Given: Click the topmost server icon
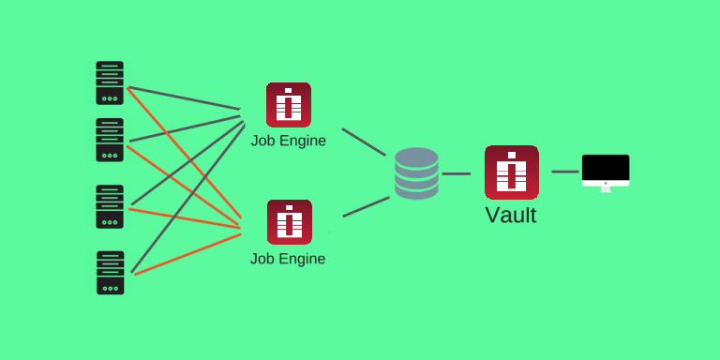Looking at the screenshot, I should click(110, 82).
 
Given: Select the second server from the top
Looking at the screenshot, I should click(110, 140).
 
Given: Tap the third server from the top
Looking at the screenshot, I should click(110, 206).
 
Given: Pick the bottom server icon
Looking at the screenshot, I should click(110, 273).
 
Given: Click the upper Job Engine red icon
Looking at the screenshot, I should click(289, 105).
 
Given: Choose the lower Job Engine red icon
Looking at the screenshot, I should click(289, 222).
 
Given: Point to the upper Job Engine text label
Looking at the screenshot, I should click(289, 141).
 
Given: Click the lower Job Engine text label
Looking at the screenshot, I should click(288, 259).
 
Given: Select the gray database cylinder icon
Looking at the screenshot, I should click(416, 173).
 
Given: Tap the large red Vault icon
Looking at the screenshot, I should click(512, 172).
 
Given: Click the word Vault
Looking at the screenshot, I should click(511, 215).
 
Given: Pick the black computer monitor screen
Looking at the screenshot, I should click(606, 168).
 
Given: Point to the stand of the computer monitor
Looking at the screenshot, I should click(606, 187).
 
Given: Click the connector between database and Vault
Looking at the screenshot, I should click(457, 173).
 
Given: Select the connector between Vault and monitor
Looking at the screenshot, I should click(565, 172).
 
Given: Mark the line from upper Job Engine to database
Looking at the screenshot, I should click(364, 142).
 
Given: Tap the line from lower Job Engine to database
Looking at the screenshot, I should click(366, 207).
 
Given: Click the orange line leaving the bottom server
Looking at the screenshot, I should click(187, 253).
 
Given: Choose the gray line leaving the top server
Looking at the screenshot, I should click(183, 98).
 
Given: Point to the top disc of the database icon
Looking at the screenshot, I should click(416, 157).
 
